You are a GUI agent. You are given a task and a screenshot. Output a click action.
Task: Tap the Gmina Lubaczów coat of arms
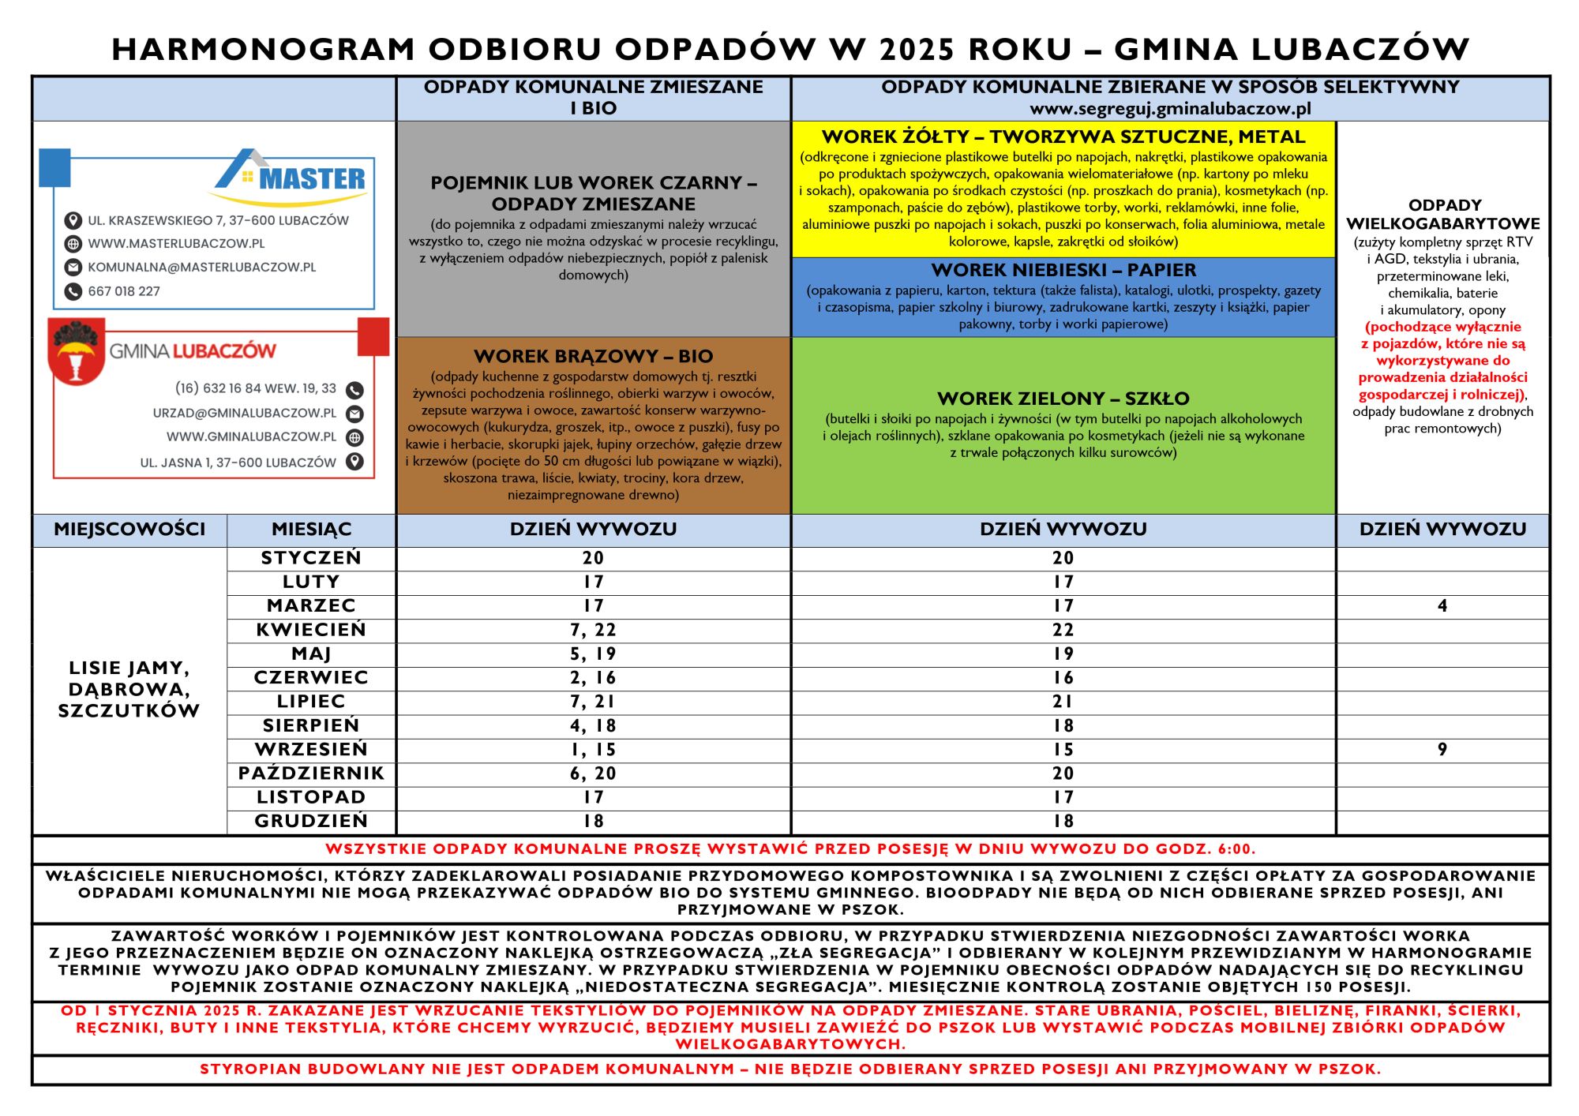[77, 352]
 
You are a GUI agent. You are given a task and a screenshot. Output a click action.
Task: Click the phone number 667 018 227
[124, 291]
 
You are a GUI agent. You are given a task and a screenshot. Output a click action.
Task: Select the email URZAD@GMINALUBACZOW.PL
[245, 413]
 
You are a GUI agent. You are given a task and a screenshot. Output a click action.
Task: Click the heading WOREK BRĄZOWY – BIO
[593, 356]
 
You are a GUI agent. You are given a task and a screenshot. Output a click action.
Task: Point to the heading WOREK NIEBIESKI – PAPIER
[1063, 270]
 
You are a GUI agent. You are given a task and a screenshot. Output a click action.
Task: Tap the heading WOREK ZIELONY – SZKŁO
[1063, 399]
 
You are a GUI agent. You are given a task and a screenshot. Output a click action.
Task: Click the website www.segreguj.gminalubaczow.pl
[1170, 109]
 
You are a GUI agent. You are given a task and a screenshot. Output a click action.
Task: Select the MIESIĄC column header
[311, 530]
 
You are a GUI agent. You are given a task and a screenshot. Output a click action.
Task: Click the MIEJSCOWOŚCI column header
[129, 530]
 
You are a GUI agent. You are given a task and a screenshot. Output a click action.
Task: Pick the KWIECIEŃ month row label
[311, 630]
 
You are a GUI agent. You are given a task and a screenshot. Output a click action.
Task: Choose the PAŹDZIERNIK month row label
[311, 773]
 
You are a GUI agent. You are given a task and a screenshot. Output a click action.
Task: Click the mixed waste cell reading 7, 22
[593, 630]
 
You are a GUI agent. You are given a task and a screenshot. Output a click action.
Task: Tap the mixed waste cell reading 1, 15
[593, 750]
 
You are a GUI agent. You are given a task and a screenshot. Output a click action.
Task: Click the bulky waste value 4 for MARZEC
[1442, 606]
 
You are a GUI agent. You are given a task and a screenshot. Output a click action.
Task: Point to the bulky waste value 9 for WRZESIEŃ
[1442, 750]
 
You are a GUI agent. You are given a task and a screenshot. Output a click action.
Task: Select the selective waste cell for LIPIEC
[1063, 702]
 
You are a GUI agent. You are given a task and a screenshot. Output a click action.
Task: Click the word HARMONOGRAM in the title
[263, 49]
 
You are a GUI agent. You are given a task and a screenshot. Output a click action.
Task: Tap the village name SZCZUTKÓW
[129, 710]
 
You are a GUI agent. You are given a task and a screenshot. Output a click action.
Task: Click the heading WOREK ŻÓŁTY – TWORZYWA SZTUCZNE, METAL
[1063, 137]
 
